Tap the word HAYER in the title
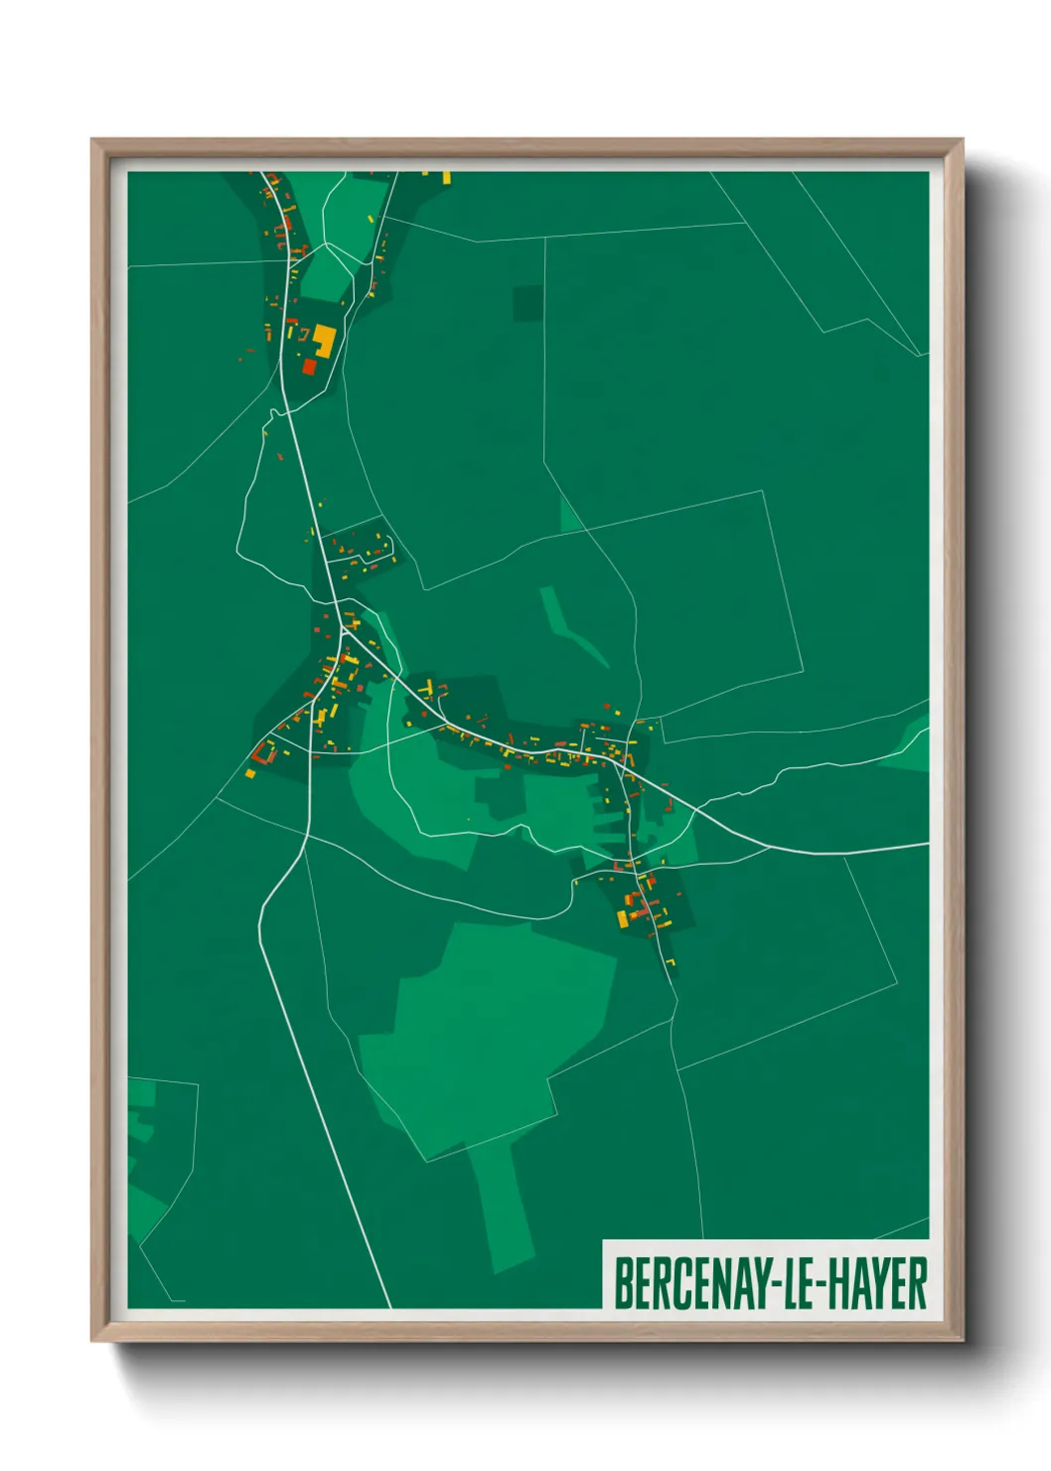pos(878,1283)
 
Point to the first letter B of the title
pos(623,1283)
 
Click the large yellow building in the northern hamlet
pos(324,341)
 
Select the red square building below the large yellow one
pos(309,367)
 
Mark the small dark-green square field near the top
pos(528,303)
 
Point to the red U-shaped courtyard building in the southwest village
pos(264,751)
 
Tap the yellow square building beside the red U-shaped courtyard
pos(250,772)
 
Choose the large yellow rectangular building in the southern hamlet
pos(623,918)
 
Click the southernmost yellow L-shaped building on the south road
pos(671,961)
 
